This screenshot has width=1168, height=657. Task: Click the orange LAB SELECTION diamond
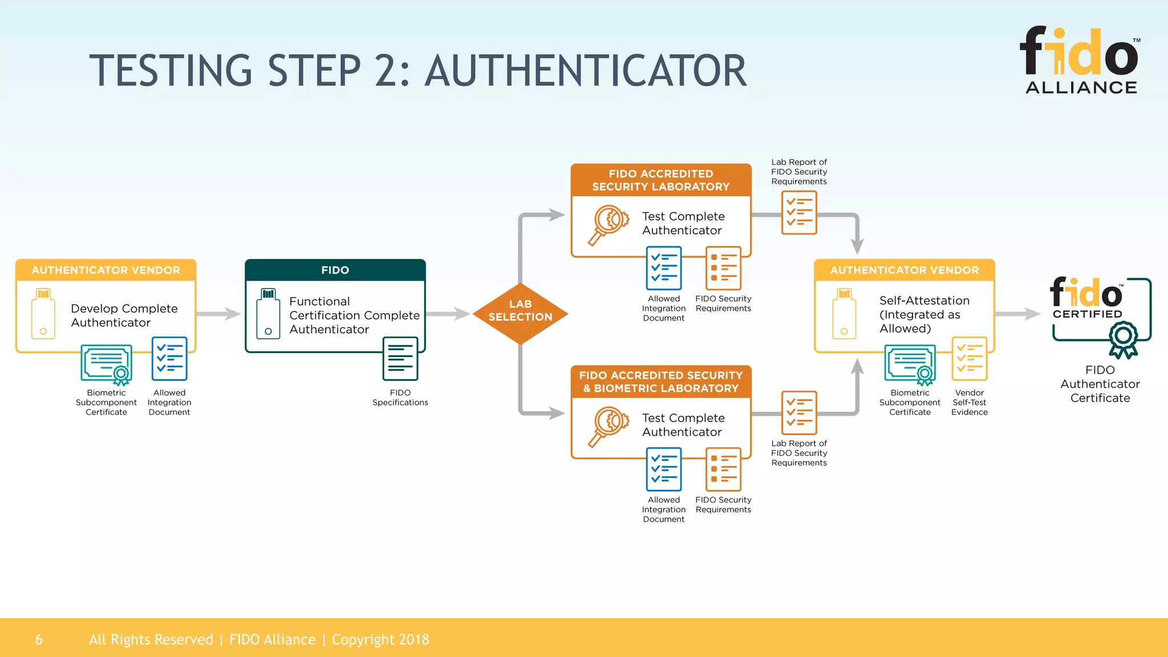[520, 313]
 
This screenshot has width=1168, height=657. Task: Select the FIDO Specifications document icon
[400, 359]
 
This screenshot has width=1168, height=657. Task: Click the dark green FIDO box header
[335, 270]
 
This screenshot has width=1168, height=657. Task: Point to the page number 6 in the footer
[39, 640]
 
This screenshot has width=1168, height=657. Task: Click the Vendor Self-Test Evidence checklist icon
[969, 359]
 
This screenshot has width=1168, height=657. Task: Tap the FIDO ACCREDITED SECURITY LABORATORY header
[660, 180]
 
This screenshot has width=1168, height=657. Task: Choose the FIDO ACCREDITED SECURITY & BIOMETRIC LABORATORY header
[660, 382]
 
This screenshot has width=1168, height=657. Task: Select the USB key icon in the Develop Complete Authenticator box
[43, 314]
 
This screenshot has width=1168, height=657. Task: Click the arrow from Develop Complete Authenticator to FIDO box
[220, 314]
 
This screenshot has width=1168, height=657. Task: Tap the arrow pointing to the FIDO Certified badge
[1019, 314]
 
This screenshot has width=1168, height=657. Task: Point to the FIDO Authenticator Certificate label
[1100, 384]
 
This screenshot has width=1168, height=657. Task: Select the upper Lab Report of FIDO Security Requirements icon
[798, 213]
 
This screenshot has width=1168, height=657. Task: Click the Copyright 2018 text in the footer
[380, 640]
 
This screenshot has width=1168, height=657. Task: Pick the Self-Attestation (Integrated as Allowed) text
[924, 314]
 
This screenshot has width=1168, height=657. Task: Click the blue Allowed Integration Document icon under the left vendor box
[169, 359]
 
